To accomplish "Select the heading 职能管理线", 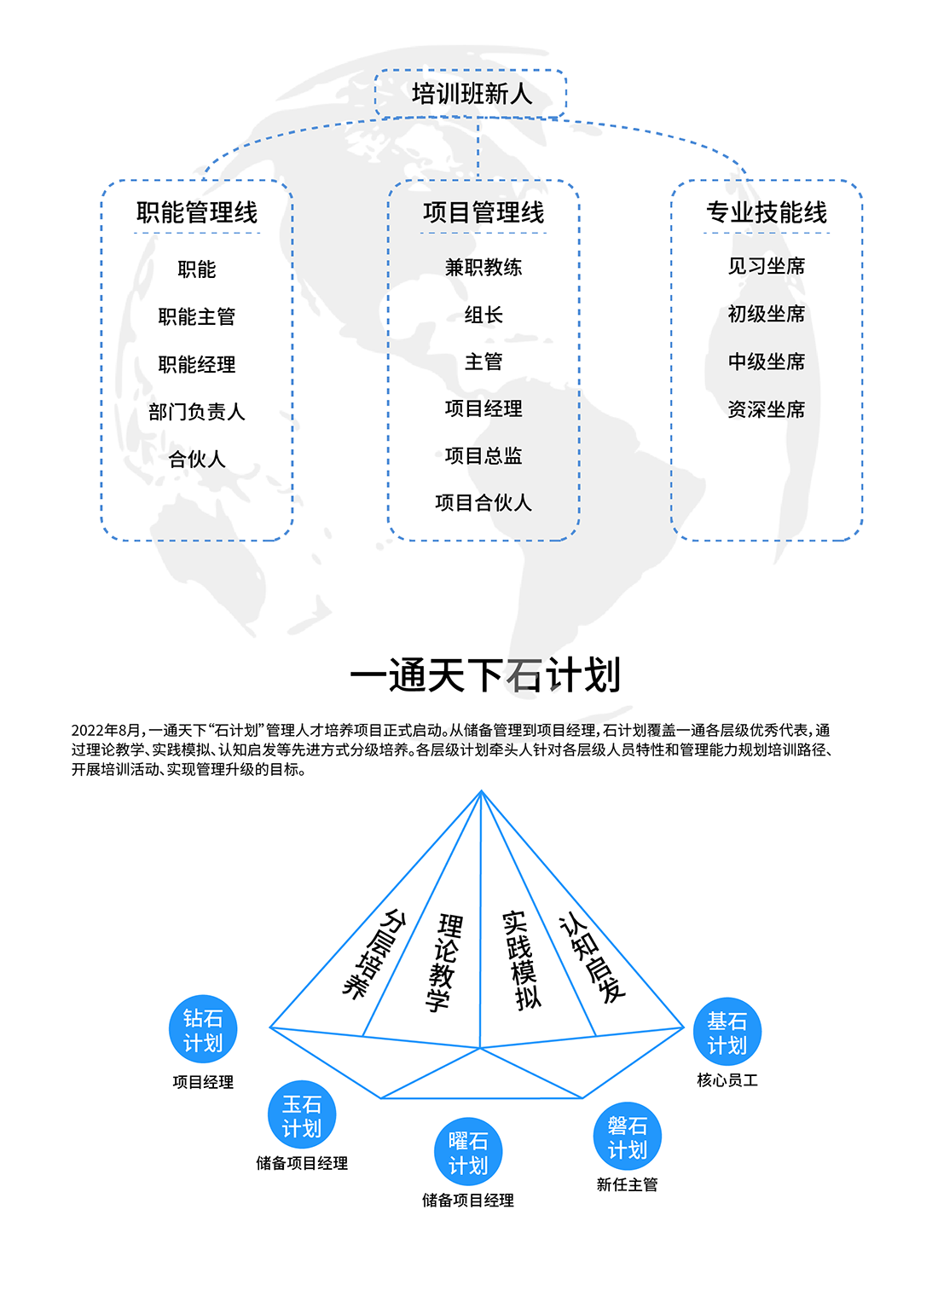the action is (197, 212).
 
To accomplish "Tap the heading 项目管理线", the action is (483, 212).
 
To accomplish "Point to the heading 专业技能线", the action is (767, 212).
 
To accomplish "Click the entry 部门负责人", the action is (197, 412).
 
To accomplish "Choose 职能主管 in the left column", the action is (197, 316).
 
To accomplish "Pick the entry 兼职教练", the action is (483, 268).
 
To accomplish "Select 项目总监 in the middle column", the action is (483, 455).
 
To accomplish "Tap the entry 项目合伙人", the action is (483, 502).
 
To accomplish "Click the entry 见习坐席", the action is (767, 266).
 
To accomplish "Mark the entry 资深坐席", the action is (767, 409).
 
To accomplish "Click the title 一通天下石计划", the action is (484, 675).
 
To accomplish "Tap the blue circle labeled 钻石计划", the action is (203, 1029).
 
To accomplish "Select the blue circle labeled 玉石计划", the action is (301, 1114).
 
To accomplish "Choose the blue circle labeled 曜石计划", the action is (468, 1151).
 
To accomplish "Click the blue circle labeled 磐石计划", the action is (627, 1136).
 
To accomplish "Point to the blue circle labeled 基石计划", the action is (727, 1031).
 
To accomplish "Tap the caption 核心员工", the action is (727, 1080).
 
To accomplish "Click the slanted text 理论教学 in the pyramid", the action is (444, 963).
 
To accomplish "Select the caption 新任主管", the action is (627, 1184).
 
